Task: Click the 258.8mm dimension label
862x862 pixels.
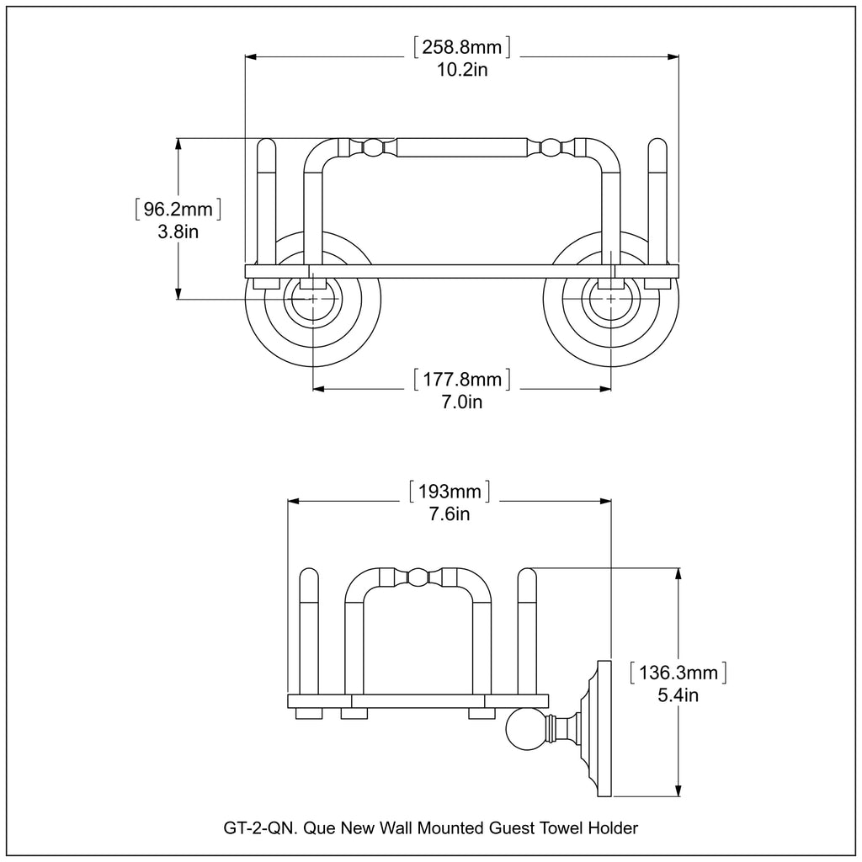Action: pyautogui.click(x=462, y=45)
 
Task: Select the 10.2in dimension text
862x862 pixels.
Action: pyautogui.click(x=462, y=69)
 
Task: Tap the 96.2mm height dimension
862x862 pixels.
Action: pyautogui.click(x=178, y=208)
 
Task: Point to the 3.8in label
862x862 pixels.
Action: pyautogui.click(x=178, y=231)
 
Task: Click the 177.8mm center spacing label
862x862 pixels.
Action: pyautogui.click(x=462, y=379)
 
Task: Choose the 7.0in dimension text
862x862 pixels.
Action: pyautogui.click(x=462, y=402)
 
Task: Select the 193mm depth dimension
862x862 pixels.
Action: pyautogui.click(x=449, y=491)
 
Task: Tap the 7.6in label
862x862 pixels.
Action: pyautogui.click(x=449, y=514)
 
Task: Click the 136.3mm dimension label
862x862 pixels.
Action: pyautogui.click(x=678, y=673)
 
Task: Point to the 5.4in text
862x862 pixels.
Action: pyautogui.click(x=678, y=696)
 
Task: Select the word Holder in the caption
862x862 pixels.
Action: pyautogui.click(x=615, y=828)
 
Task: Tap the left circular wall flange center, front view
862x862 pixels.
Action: pyautogui.click(x=313, y=300)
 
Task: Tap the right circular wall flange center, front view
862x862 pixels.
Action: pyautogui.click(x=610, y=300)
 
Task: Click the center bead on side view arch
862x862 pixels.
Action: pyautogui.click(x=417, y=577)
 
